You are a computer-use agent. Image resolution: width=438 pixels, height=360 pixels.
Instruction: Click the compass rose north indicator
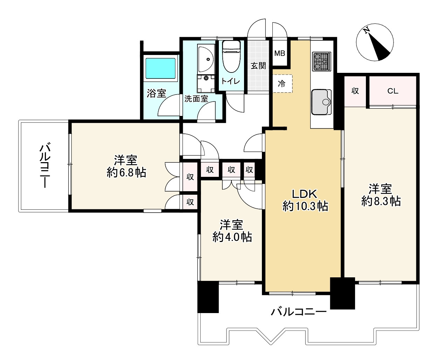375,42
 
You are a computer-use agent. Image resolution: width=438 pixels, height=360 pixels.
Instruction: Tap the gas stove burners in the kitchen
321,61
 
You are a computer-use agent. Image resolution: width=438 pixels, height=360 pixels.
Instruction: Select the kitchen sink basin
321,102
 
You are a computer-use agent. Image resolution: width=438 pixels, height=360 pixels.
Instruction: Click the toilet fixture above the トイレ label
231,56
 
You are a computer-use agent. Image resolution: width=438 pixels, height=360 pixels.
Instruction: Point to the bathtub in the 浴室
160,68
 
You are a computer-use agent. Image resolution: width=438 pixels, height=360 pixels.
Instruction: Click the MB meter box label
279,54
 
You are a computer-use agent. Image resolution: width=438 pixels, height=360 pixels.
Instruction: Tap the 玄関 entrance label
258,66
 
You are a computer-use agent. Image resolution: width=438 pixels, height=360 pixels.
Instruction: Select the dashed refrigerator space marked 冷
282,84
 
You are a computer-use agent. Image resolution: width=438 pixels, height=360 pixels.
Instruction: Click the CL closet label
392,91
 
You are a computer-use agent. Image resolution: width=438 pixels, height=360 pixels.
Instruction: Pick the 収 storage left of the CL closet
355,91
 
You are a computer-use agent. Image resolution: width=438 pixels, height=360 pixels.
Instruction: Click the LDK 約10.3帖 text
305,200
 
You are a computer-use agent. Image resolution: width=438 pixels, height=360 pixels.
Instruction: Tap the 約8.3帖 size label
381,201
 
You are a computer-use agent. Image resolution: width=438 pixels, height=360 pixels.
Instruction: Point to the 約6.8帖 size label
126,173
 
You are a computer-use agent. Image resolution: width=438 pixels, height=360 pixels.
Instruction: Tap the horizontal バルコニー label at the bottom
299,311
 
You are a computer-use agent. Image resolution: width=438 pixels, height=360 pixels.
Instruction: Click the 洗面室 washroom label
196,99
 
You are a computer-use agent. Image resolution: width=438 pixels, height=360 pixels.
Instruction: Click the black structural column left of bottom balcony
208,297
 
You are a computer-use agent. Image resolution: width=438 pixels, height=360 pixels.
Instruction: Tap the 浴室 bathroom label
156,93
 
